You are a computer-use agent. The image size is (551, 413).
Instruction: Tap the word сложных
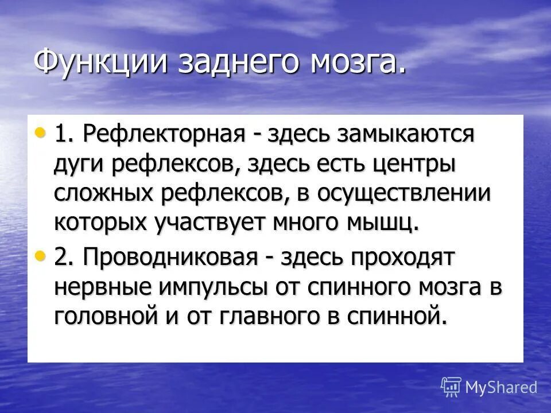(107, 193)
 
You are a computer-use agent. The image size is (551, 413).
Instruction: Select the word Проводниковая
(170, 258)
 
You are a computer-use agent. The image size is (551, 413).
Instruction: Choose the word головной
(112, 317)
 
